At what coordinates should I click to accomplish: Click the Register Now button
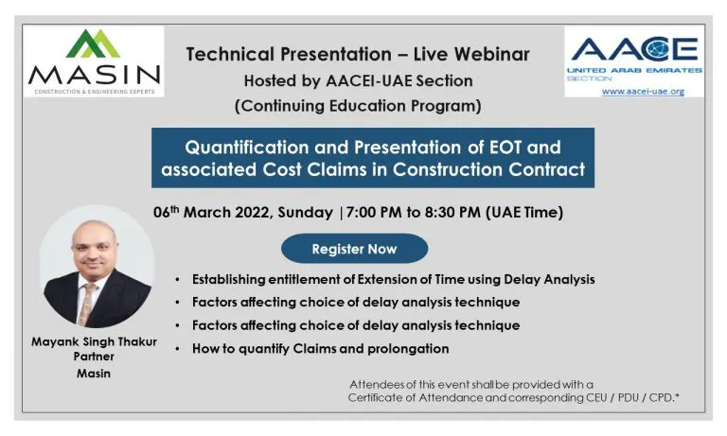[354, 249]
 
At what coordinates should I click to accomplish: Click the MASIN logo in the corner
[94, 61]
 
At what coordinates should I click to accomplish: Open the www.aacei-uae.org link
[641, 92]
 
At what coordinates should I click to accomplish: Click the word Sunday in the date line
[308, 212]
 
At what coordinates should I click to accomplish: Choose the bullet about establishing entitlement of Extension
[393, 279]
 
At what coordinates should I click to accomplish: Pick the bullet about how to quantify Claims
[320, 348]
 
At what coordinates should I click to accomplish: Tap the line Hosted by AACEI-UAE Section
[358, 80]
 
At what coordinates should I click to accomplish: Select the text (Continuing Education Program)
[358, 106]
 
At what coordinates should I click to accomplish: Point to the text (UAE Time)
[523, 212]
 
